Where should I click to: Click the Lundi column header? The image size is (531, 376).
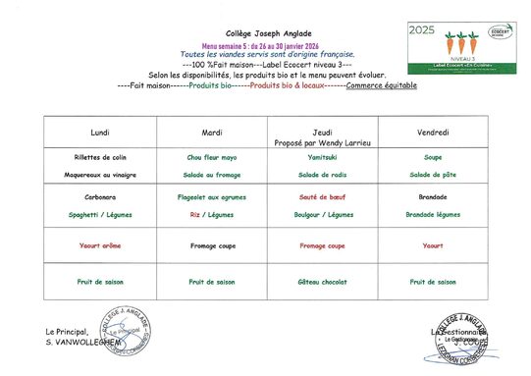pos(99,132)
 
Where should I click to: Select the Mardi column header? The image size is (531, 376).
pos(211,132)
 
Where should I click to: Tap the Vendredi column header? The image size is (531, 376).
pos(433,132)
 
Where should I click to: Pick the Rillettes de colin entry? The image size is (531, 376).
pos(99,157)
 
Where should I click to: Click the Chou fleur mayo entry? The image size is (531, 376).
pos(211,157)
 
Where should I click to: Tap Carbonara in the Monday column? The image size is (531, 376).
pos(99,196)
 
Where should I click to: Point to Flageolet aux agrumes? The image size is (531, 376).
pos(211,196)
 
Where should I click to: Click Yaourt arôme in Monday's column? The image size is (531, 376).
pos(99,245)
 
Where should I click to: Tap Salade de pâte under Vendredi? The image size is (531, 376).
pos(433,174)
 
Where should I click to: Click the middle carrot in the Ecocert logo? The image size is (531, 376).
pos(461,44)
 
